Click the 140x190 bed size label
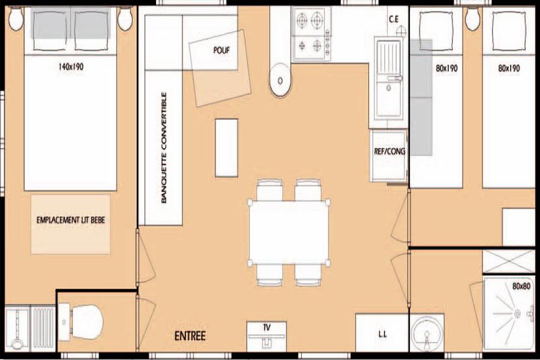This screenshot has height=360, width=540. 71,67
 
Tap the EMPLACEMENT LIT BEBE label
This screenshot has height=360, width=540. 71,220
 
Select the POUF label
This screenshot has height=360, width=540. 221,50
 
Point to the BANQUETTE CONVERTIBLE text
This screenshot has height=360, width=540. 164,148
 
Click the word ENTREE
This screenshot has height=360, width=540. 190,336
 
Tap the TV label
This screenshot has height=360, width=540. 266,327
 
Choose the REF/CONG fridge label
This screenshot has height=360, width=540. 389,151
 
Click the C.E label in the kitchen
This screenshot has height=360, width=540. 394,19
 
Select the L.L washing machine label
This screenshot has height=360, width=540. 382,334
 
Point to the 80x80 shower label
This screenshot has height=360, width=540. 521,286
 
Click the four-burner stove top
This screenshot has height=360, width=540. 311,34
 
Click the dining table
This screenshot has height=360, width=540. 289,233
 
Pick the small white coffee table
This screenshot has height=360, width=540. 227,148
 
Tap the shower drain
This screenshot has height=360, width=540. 517,313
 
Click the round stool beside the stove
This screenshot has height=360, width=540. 280,80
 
